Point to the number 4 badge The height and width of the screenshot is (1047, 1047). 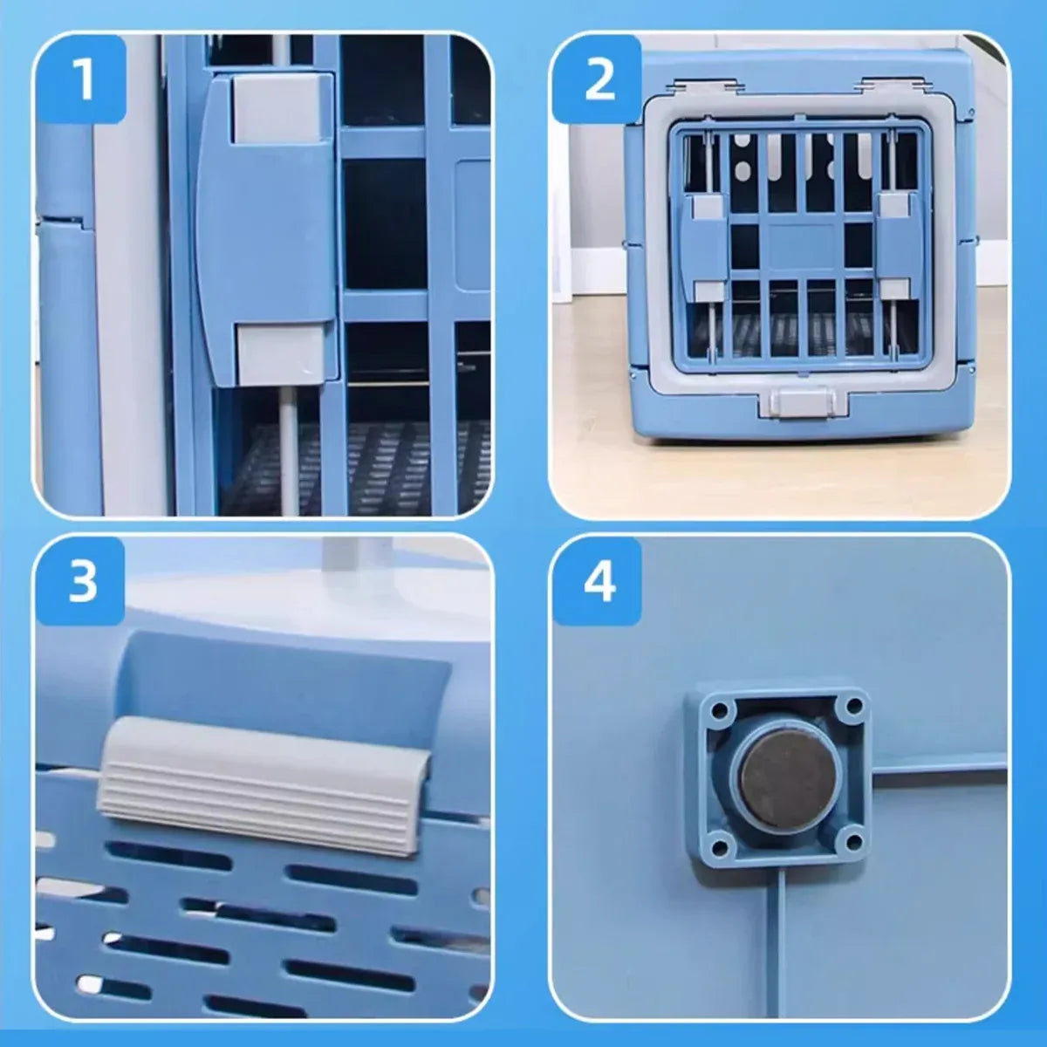599,580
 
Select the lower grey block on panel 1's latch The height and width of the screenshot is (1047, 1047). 283,352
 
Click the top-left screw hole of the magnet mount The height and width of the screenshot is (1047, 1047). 719,709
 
